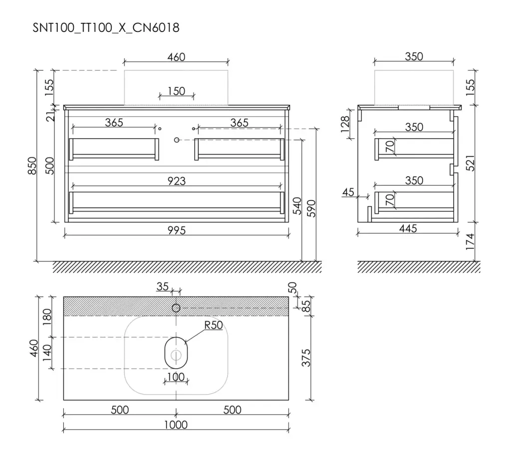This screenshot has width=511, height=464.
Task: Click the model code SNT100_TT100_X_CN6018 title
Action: [106, 28]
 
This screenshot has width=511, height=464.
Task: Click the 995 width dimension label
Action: [176, 231]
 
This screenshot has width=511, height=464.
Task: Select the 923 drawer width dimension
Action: [176, 181]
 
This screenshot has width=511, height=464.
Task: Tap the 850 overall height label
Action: [32, 166]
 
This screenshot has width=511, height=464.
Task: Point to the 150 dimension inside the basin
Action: [176, 91]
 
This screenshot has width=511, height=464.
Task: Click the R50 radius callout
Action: [214, 325]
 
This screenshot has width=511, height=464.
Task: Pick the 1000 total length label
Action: [176, 425]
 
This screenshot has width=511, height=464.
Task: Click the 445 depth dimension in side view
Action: [408, 229]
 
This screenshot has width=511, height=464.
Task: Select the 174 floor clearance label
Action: [470, 241]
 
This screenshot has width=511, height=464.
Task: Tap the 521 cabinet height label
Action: [470, 163]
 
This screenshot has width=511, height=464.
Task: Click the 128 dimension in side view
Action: [345, 124]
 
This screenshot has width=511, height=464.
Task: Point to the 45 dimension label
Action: [348, 192]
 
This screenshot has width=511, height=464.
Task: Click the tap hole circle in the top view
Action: [176, 308]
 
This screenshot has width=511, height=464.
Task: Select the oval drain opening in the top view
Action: [176, 353]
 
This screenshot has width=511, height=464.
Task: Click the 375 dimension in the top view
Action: [306, 358]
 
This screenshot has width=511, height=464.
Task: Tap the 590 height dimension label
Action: [311, 208]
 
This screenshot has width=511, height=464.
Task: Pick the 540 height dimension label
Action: [297, 206]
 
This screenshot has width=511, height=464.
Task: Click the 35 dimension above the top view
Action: [162, 286]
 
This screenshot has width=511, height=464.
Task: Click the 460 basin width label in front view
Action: [176, 57]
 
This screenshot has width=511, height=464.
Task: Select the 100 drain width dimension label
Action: [176, 377]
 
